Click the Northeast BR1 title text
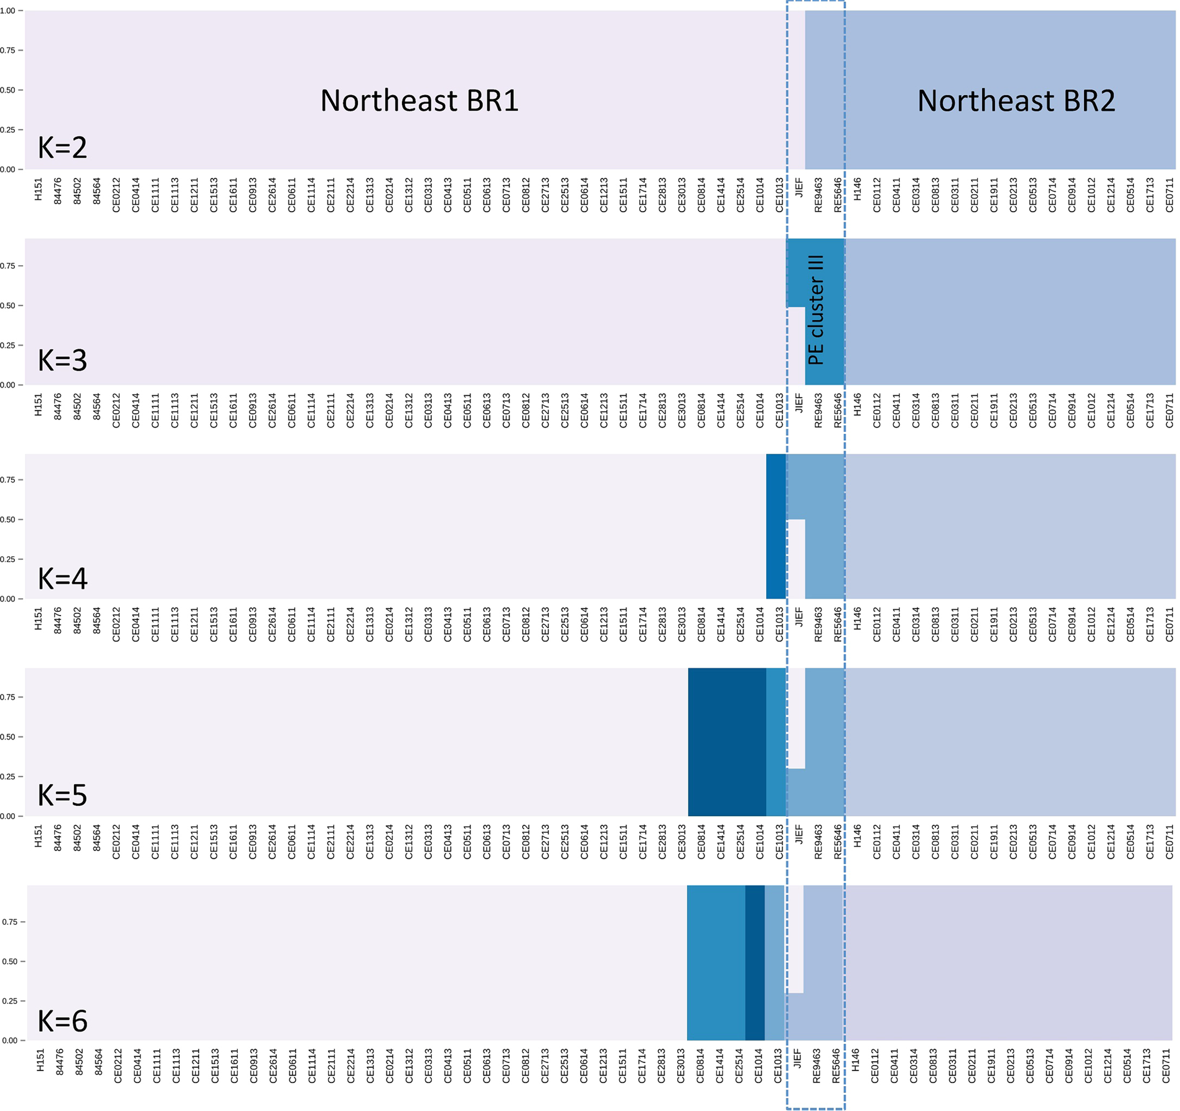coord(419,101)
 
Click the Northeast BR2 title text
coord(1016,101)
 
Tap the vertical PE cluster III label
coord(815,310)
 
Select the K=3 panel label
coord(62,360)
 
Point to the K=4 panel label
coord(62,578)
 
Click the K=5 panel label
coord(62,795)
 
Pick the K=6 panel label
coord(62,1021)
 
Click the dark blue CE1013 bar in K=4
coord(775,526)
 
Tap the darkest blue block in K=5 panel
coord(726,741)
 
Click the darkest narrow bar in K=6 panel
coord(754,962)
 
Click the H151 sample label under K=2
coord(39,189)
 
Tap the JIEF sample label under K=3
coord(799,403)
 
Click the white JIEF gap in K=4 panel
coord(796,558)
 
